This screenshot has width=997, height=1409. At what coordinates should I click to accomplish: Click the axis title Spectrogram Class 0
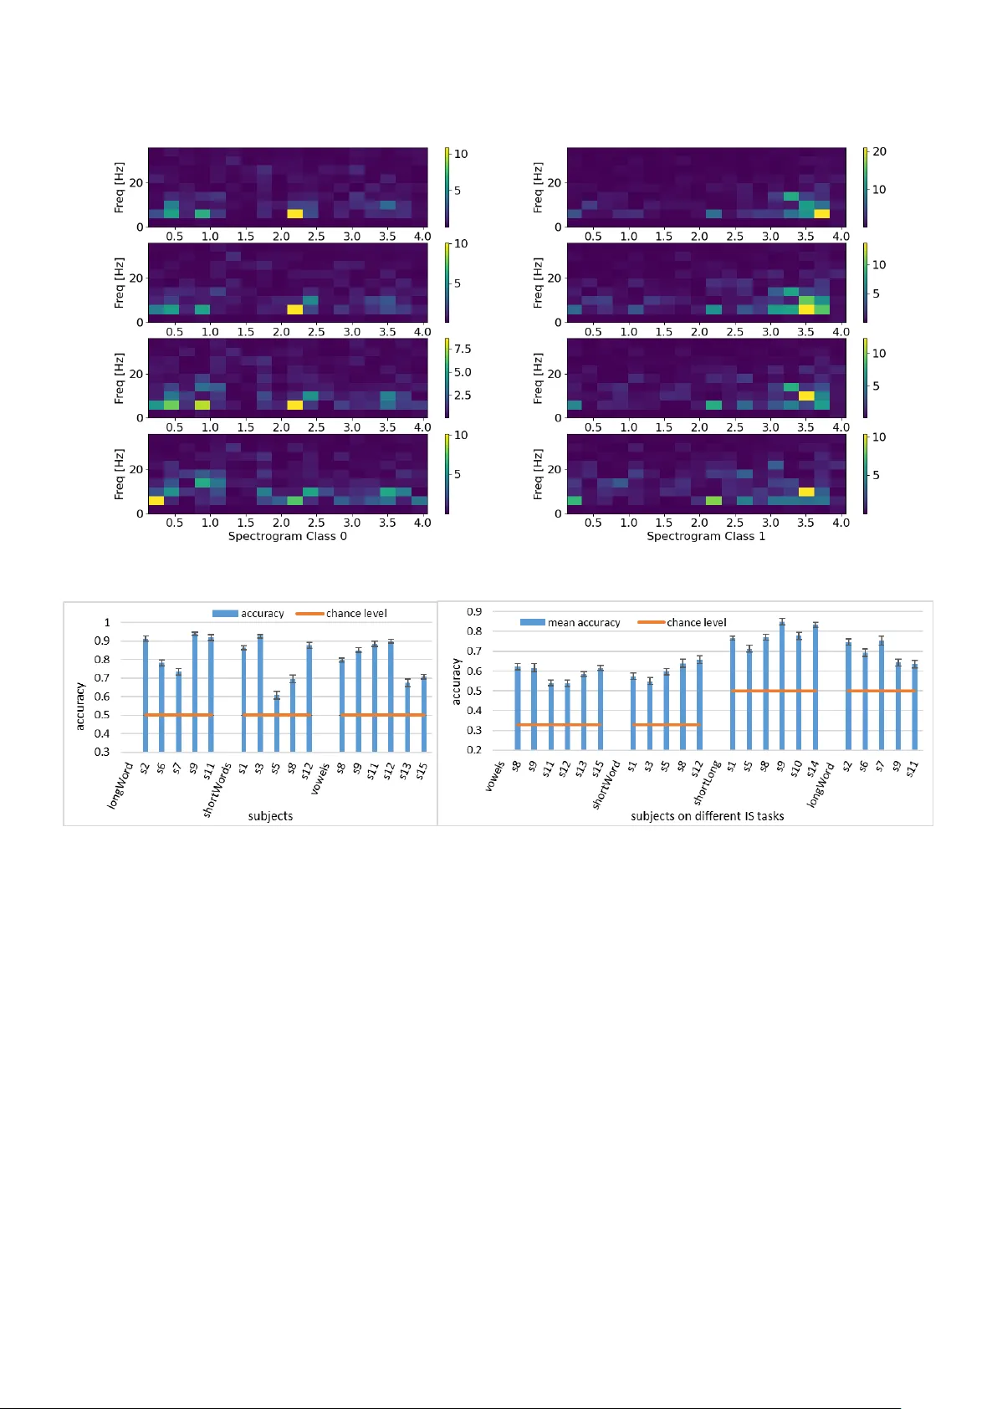point(287,536)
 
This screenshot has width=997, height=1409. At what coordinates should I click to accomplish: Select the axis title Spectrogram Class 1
point(705,536)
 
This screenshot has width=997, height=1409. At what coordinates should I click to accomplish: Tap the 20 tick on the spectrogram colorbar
point(879,151)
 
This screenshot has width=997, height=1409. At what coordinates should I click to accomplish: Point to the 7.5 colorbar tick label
point(463,349)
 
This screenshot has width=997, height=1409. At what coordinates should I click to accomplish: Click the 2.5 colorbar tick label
point(463,396)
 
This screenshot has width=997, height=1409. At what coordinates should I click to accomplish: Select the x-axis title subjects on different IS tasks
point(707,816)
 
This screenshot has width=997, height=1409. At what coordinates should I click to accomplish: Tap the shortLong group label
point(707,783)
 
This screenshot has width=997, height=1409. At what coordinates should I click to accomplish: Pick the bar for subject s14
point(815,687)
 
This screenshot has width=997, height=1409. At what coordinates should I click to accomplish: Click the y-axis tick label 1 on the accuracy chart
point(107,622)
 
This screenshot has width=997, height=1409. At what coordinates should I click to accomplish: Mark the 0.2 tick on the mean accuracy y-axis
point(474,750)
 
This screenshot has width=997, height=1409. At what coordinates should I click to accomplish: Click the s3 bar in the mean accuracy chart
point(650,715)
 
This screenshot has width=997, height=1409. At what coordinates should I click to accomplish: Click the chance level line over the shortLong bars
point(774,691)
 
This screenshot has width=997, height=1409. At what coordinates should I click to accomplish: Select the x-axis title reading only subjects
point(270,816)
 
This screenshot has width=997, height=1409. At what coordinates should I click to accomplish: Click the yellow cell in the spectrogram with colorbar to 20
point(822,214)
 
